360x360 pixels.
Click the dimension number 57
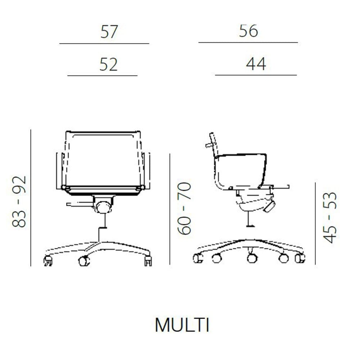pyautogui.click(x=109, y=31)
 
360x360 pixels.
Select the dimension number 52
pyautogui.click(x=109, y=64)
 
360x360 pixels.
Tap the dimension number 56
pyautogui.click(x=248, y=31)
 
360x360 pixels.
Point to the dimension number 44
pyautogui.click(x=256, y=64)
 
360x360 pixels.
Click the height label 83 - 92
pyautogui.click(x=19, y=202)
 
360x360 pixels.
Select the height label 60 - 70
pyautogui.click(x=184, y=208)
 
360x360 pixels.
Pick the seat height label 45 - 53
pyautogui.click(x=330, y=217)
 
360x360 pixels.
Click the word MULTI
pyautogui.click(x=182, y=325)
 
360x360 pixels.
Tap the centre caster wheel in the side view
pyautogui.click(x=252, y=258)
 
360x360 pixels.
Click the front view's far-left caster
pyautogui.click(x=48, y=261)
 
